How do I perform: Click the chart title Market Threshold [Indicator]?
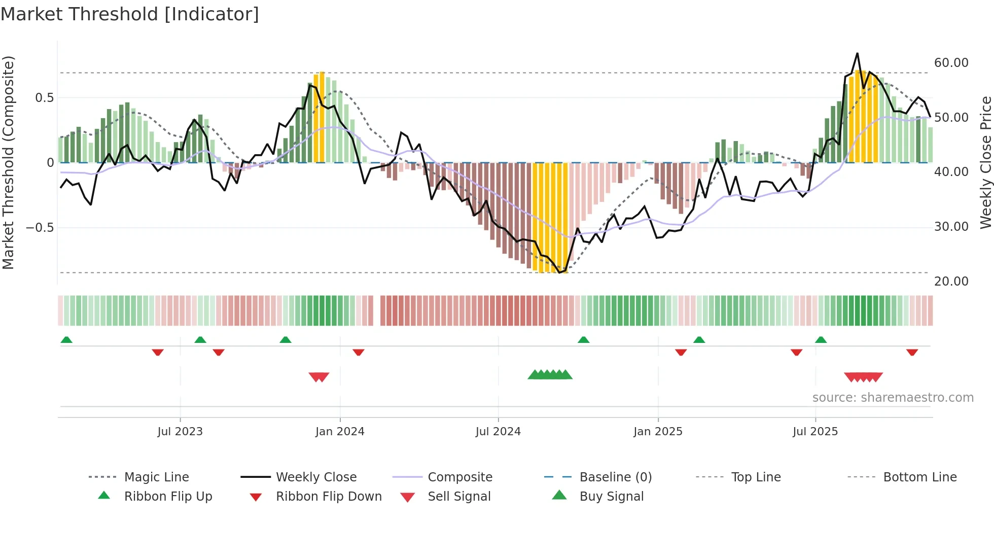tap(130, 14)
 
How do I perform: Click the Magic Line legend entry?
tap(156, 477)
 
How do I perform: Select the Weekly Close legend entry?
tap(316, 477)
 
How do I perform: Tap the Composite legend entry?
tap(459, 477)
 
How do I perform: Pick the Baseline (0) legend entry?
tap(615, 477)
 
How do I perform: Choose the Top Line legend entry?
tap(756, 477)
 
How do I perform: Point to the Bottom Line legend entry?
tap(919, 477)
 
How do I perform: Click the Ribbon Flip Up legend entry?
tap(168, 496)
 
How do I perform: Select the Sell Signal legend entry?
tap(459, 496)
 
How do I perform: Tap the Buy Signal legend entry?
tap(611, 496)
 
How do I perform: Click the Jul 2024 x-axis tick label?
tap(498, 432)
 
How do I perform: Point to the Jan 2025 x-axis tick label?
tap(658, 432)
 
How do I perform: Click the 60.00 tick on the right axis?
tap(951, 63)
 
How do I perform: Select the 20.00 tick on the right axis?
tap(951, 281)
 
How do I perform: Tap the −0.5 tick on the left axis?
tap(40, 227)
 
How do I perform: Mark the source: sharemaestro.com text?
tap(893, 398)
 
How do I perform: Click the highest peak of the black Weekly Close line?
tap(857, 53)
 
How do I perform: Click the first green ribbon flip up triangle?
tap(66, 340)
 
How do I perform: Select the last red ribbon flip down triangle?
tap(912, 352)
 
